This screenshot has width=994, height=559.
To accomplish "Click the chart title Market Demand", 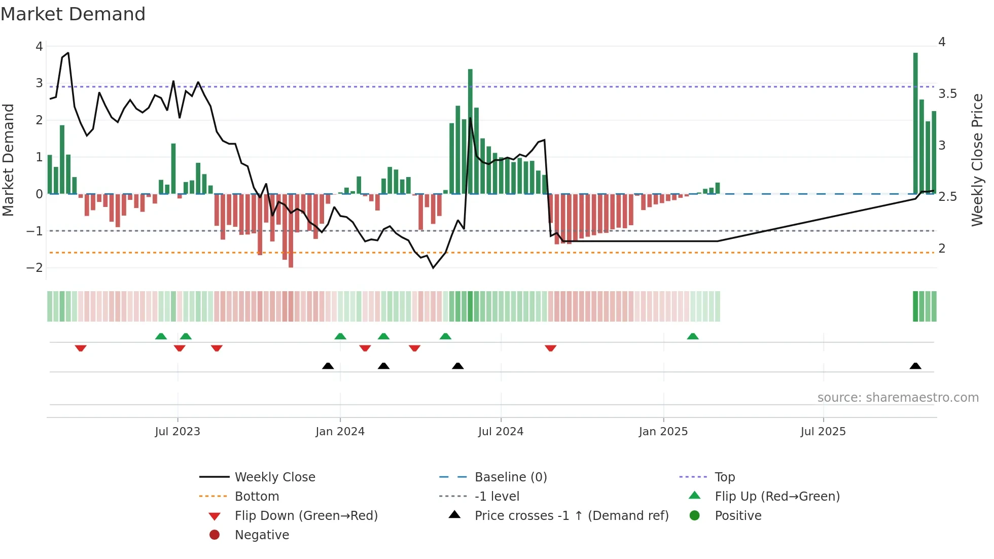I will tap(73, 14).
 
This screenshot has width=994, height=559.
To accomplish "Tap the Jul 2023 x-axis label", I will tap(177, 432).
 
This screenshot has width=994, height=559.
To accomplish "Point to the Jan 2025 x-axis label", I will tap(663, 432).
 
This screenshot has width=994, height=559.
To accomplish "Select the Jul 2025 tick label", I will tap(823, 432).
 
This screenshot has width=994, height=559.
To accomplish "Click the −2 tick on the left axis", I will tap(35, 268).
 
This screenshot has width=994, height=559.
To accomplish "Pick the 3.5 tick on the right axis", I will tap(947, 94).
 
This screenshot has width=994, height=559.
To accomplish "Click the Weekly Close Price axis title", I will tap(977, 160).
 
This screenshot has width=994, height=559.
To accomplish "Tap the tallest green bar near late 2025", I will tap(915, 122).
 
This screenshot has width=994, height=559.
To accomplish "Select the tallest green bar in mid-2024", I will tap(470, 132).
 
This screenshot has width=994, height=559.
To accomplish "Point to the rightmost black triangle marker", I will tap(915, 366).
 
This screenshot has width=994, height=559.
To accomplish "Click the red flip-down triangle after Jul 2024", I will tap(551, 348).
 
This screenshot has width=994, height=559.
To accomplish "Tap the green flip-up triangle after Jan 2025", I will tap(693, 336).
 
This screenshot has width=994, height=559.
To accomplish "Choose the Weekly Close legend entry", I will tap(274, 477).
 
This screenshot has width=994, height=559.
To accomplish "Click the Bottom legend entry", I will tap(257, 496).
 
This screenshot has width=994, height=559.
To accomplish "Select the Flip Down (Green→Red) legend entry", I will tap(306, 515).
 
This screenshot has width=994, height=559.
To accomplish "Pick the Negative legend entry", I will tap(262, 535).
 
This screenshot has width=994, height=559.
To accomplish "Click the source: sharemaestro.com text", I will tap(898, 397).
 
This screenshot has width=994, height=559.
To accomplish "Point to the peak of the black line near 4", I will tap(68, 53).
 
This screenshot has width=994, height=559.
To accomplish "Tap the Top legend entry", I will tap(724, 477).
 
